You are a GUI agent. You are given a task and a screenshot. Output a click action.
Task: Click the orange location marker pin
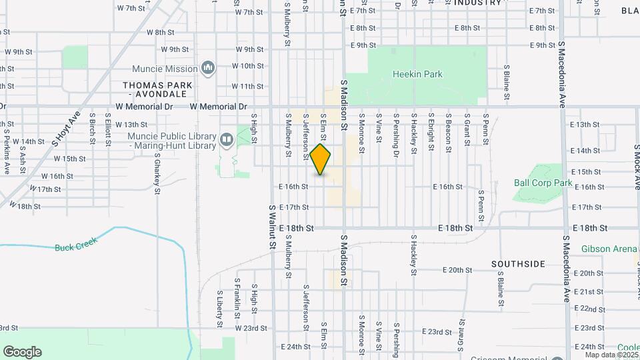321,159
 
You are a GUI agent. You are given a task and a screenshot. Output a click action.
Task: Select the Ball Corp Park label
543,183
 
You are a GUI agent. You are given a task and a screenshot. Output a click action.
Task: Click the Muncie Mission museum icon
208,68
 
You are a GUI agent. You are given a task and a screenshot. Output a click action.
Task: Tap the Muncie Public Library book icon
227,139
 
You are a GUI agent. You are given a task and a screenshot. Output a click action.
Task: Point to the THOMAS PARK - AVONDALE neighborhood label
158,90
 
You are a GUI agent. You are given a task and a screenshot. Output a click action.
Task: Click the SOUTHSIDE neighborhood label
518,264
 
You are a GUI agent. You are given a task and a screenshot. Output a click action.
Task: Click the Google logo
22,352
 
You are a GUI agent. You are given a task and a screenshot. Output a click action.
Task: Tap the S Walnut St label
272,227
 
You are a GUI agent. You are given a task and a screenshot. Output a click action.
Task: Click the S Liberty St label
219,307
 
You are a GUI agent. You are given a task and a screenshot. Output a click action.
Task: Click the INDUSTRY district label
477,3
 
